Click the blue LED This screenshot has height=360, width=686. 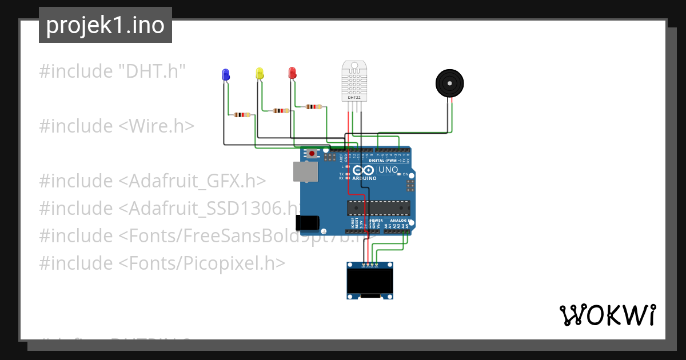[225, 74]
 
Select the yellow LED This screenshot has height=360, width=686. [260, 73]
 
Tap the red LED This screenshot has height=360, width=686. [292, 73]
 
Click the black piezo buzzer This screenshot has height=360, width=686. [449, 83]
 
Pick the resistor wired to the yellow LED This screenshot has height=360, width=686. [281, 111]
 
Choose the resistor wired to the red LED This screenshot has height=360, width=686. [313, 106]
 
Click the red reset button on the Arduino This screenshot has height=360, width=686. [312, 154]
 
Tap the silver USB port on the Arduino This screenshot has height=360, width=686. [305, 171]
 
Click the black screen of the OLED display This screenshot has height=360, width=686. [370, 280]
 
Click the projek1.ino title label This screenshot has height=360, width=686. [105, 25]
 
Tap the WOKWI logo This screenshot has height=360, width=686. [607, 315]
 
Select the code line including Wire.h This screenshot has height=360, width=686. [117, 126]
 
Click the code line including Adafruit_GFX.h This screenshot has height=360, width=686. [152, 181]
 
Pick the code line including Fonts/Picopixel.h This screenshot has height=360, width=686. [162, 263]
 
